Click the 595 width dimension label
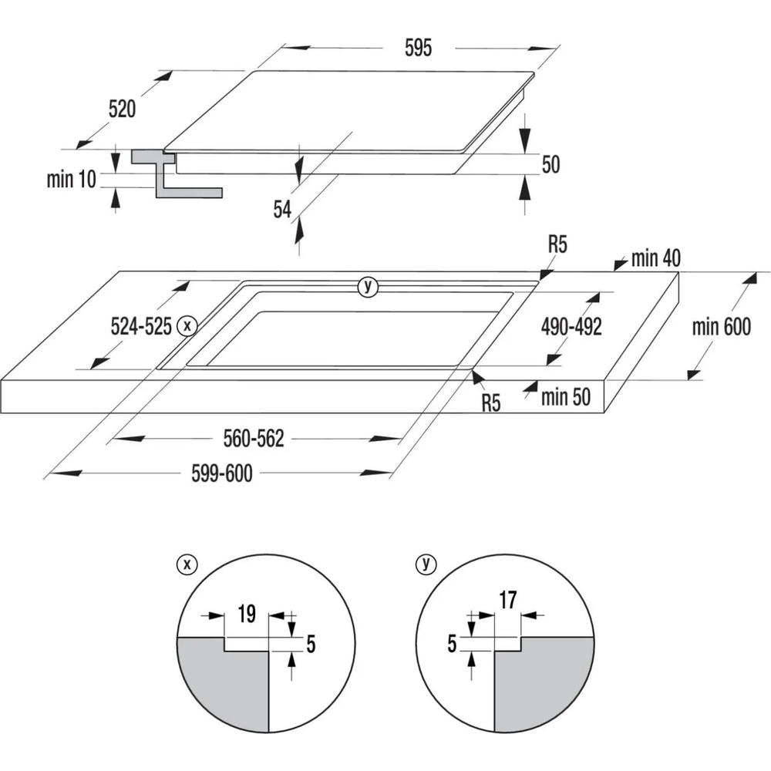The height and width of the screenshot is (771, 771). point(419,48)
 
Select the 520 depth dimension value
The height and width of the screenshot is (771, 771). point(122,109)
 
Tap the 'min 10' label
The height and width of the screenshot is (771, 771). point(71,179)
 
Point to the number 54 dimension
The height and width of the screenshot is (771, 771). point(282,210)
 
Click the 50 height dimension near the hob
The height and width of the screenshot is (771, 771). point(550,164)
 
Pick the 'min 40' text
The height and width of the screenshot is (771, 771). point(656,258)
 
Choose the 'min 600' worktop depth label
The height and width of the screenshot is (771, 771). point(722,327)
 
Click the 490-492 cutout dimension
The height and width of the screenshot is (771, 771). point(571,326)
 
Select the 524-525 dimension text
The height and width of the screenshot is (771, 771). point(141,326)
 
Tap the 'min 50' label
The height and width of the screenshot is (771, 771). point(566,397)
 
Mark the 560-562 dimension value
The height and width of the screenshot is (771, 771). point(254,439)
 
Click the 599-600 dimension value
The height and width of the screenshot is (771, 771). point(222,473)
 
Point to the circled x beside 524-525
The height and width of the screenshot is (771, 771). point(187,325)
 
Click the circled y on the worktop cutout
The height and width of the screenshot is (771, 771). point(368,287)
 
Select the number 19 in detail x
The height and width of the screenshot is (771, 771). point(247,614)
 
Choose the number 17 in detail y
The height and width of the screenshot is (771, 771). point(508,600)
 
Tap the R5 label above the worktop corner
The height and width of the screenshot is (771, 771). point(557,244)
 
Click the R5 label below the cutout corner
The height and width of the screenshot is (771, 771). point(490,403)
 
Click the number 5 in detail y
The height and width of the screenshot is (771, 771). point(452,644)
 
